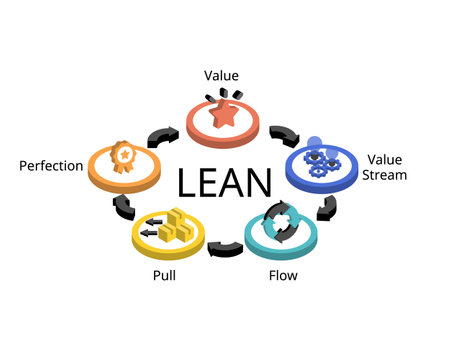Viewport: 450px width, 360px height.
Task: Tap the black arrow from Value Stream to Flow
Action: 326,207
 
